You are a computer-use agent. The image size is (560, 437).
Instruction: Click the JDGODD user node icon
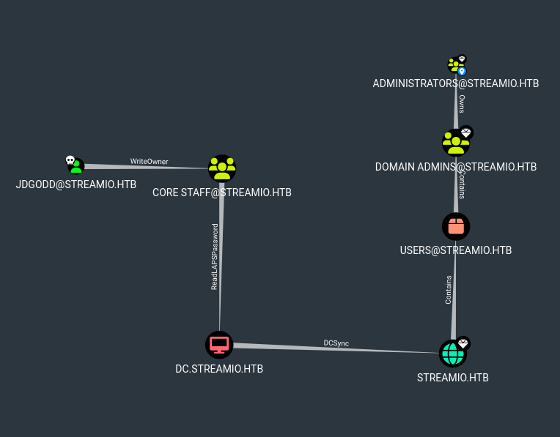click(x=76, y=167)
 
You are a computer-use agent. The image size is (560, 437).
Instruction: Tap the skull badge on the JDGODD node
click(x=70, y=160)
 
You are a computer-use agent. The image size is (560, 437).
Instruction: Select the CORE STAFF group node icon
click(x=222, y=168)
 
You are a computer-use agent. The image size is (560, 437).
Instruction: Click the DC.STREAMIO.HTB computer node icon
click(x=219, y=344)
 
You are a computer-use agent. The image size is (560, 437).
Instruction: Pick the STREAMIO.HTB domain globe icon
click(x=452, y=354)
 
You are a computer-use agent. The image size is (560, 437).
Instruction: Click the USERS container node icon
click(x=456, y=226)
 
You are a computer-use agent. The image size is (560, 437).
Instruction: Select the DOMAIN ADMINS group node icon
click(x=455, y=143)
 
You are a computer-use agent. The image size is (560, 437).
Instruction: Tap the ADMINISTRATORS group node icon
click(x=455, y=67)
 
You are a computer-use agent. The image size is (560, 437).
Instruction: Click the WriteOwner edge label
click(x=144, y=161)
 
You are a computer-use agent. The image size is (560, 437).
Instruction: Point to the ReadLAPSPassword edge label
click(x=215, y=257)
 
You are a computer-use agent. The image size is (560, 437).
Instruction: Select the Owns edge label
click(x=461, y=103)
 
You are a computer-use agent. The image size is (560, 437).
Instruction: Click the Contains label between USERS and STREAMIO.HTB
click(x=449, y=290)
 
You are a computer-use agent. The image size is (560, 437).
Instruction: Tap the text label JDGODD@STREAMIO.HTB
click(x=76, y=184)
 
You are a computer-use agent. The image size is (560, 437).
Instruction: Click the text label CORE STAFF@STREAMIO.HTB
click(x=222, y=193)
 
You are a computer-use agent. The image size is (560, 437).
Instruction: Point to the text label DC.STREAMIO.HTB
click(x=219, y=369)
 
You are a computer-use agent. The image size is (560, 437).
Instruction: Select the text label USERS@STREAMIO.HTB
click(x=456, y=250)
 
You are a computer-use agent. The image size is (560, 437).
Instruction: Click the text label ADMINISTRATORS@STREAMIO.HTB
click(x=456, y=83)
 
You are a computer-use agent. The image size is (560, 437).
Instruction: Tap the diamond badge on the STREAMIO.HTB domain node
click(x=463, y=343)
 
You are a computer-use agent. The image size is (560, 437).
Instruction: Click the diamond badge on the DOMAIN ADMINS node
click(x=466, y=132)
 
